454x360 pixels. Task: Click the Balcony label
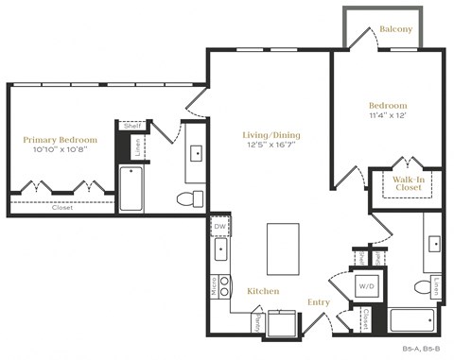coord(395,29)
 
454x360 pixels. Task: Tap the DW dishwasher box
coord(218,227)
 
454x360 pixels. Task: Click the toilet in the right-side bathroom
coord(423,287)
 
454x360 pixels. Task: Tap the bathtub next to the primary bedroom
coord(131,189)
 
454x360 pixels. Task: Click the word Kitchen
coord(263,292)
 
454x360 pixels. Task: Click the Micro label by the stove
coord(214,285)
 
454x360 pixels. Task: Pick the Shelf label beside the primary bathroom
coord(132,127)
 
